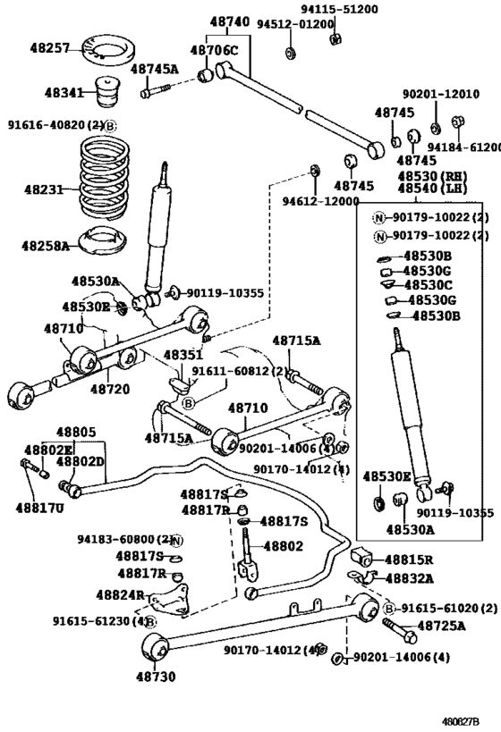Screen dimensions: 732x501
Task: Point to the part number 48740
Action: (230, 21)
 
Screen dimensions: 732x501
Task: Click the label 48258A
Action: (46, 245)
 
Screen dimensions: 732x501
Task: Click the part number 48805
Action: (77, 432)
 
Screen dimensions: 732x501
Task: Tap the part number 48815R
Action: (409, 560)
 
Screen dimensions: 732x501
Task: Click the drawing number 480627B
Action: (471, 719)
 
